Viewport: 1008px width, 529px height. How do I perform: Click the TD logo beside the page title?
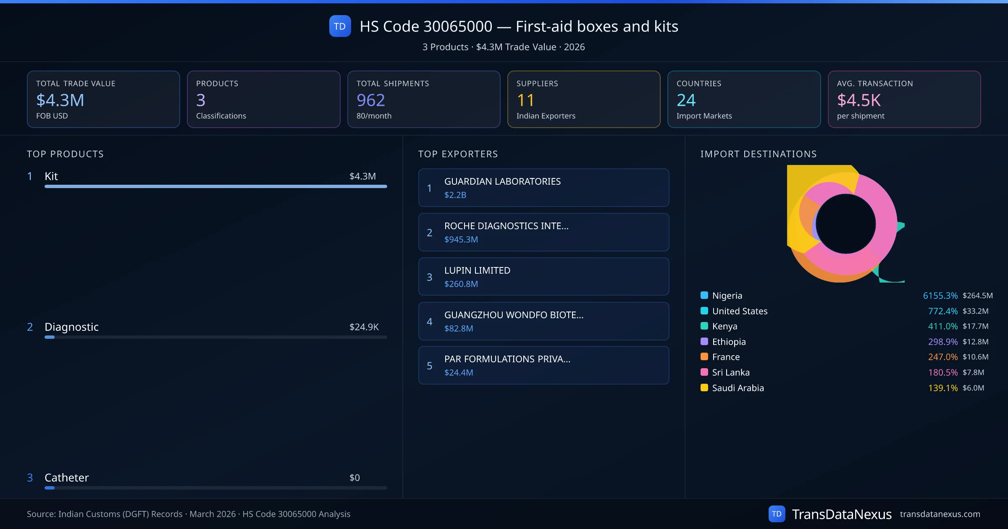(340, 26)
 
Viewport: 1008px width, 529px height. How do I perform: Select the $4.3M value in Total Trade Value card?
(60, 100)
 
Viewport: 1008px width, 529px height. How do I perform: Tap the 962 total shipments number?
(370, 100)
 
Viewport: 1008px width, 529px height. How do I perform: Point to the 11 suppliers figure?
(525, 100)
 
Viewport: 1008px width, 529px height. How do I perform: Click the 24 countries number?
(686, 100)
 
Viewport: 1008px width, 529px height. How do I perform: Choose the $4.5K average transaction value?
(858, 100)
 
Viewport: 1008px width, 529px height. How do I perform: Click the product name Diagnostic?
(71, 327)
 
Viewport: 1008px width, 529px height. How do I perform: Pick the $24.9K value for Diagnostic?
(364, 327)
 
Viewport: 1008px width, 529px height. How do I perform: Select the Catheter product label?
(66, 477)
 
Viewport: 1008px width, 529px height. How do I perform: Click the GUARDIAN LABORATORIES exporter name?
(502, 181)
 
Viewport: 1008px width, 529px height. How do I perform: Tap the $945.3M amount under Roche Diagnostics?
(461, 239)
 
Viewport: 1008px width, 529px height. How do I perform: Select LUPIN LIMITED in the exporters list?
(477, 270)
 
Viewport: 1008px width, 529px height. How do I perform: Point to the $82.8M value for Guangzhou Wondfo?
(458, 328)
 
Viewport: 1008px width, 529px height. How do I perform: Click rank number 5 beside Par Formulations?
(429, 366)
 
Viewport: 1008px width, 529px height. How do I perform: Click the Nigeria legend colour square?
(704, 295)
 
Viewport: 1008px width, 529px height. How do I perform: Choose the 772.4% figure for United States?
(942, 311)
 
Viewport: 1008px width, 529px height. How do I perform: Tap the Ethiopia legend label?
(729, 342)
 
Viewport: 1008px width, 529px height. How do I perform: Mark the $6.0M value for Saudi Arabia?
(973, 388)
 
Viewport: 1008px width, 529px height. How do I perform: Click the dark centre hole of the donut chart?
(845, 224)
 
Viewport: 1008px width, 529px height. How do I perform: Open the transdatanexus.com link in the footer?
(940, 514)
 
